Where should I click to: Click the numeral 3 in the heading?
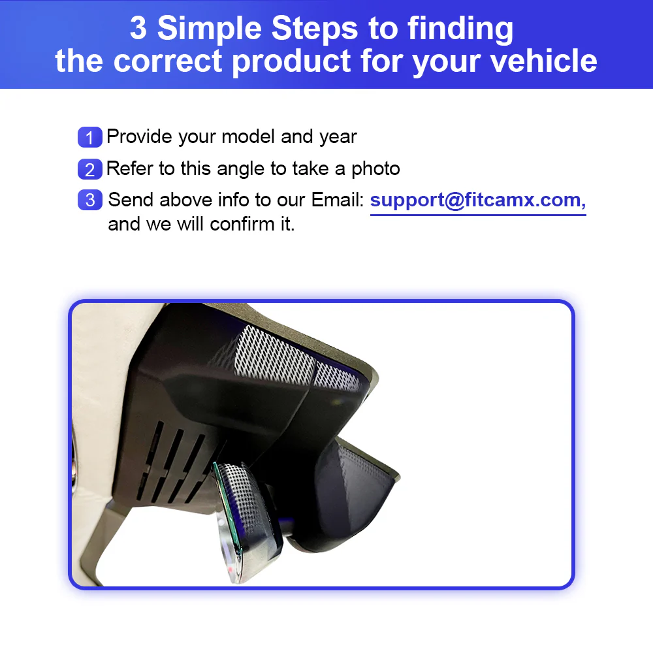(139, 29)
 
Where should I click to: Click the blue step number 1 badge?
(89, 138)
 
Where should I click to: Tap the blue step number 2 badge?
(89, 169)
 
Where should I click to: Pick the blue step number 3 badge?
(89, 200)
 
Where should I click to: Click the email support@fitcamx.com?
(477, 200)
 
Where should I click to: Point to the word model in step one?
(248, 137)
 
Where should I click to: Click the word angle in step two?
(240, 169)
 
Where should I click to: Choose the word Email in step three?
(337, 200)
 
